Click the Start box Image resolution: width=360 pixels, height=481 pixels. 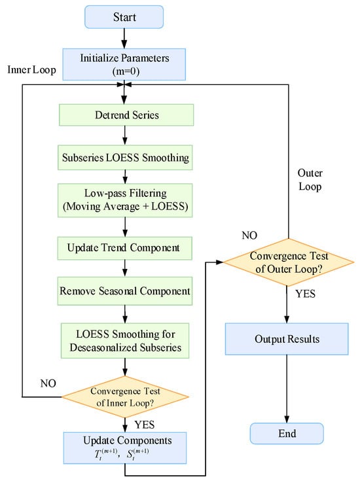(124, 17)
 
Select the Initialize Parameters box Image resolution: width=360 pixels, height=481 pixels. (124, 64)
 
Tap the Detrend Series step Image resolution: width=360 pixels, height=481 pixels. (126, 115)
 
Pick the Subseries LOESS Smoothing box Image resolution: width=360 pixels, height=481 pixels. (125, 158)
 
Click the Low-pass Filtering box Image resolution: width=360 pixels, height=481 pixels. (125, 200)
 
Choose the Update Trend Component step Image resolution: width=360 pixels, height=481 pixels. (124, 248)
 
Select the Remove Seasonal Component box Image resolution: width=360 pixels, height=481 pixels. (124, 291)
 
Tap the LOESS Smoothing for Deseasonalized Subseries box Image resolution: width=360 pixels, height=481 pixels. (125, 340)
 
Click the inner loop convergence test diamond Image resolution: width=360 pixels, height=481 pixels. (125, 397)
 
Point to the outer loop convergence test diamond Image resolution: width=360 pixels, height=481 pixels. (289, 262)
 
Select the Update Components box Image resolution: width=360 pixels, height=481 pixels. (125, 448)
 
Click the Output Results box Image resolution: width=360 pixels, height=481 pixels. (287, 339)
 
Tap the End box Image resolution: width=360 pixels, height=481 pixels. (287, 433)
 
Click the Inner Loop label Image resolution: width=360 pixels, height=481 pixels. (31, 70)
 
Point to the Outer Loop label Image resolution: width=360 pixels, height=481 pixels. (310, 180)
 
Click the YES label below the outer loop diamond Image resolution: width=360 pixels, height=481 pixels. (306, 294)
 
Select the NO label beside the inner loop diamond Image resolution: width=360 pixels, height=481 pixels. (48, 383)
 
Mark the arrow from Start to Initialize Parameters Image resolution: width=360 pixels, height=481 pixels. (124, 39)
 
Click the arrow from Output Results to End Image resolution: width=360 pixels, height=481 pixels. (287, 389)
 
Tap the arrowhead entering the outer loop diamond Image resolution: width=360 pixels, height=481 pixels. (219, 262)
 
